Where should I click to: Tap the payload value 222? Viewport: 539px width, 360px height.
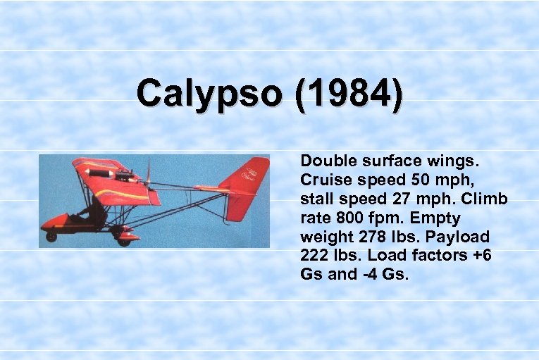pyautogui.click(x=314, y=255)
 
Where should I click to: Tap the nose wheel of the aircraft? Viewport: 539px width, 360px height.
pyautogui.click(x=51, y=236)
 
